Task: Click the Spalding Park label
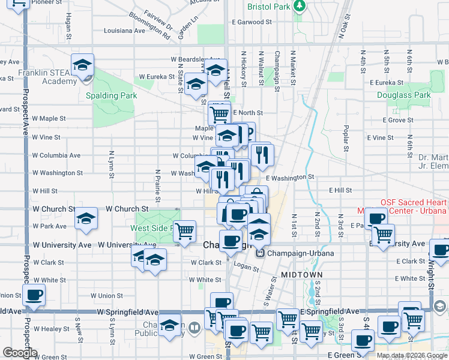click(x=111, y=95)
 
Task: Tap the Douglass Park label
click(x=403, y=95)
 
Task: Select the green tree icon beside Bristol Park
click(x=299, y=7)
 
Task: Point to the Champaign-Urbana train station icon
click(x=261, y=253)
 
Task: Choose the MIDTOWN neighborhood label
click(x=302, y=274)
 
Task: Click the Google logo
click(x=19, y=353)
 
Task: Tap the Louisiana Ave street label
click(x=124, y=30)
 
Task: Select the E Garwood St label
click(x=252, y=22)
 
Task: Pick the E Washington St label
click(x=290, y=178)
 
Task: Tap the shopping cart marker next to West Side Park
click(x=186, y=230)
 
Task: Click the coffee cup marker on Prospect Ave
click(x=34, y=295)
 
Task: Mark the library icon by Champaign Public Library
click(x=194, y=328)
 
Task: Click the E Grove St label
click(x=399, y=120)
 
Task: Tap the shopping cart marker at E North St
click(x=220, y=113)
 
